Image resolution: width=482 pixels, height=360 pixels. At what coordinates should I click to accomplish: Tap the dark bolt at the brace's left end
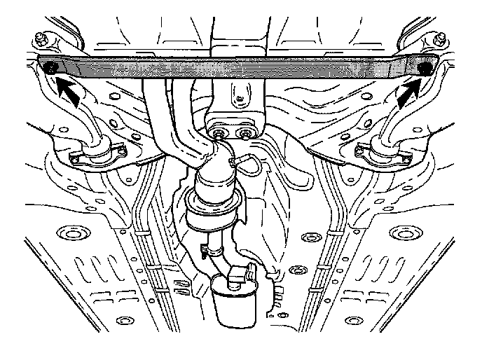50,68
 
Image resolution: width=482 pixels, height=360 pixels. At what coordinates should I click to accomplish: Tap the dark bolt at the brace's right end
425,68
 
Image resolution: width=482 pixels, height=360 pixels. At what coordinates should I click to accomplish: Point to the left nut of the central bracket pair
221,132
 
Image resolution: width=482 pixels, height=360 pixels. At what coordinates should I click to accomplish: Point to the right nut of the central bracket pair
245,132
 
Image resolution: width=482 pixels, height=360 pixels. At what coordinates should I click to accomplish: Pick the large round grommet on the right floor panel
403,232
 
